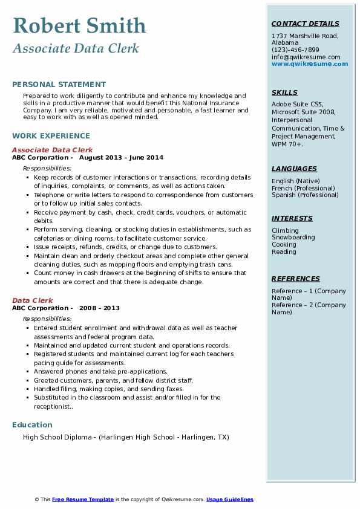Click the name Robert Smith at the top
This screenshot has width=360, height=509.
(x=79, y=25)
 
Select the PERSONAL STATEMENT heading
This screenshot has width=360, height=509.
(x=59, y=85)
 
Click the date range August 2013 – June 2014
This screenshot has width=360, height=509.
(x=121, y=158)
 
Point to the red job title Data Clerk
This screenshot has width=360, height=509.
(x=33, y=300)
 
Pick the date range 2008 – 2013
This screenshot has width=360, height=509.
(x=99, y=308)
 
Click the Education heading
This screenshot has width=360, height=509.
(x=32, y=424)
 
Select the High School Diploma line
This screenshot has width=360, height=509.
(x=126, y=437)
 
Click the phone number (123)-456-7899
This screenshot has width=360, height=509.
(x=295, y=50)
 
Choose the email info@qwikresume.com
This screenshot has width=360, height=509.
(x=306, y=57)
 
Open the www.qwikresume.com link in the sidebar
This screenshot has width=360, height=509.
(x=310, y=64)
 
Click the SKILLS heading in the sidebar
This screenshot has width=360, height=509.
(x=284, y=92)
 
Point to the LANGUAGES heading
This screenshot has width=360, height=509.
(x=294, y=169)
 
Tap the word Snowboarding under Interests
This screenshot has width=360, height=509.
(x=293, y=238)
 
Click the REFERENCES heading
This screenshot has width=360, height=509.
(x=296, y=279)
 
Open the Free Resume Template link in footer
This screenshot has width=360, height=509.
(x=83, y=499)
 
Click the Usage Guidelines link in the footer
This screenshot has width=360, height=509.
(x=229, y=499)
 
